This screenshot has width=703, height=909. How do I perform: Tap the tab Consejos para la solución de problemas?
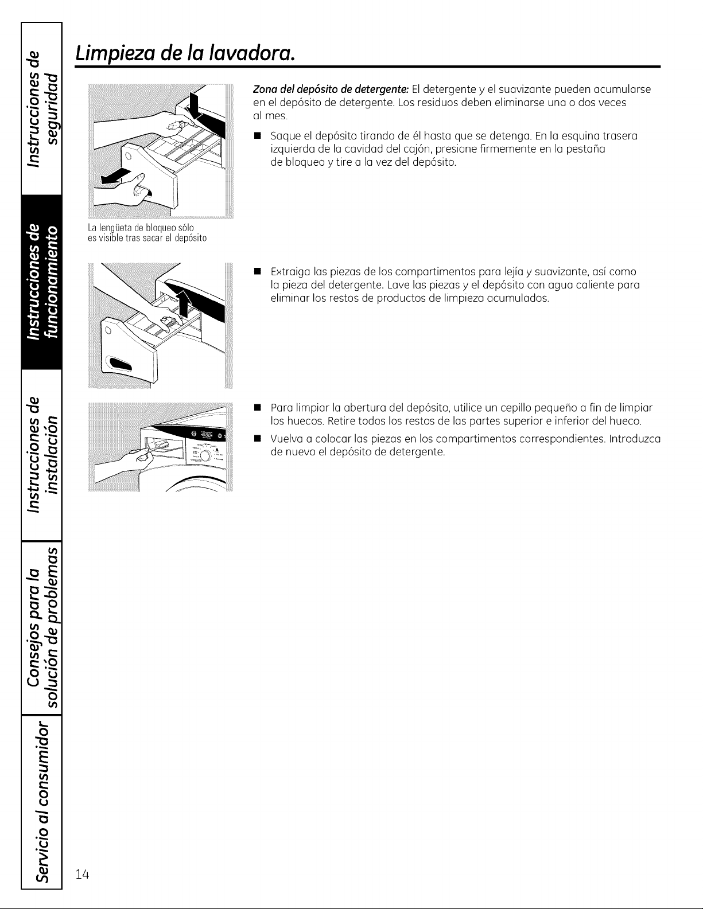point(41,627)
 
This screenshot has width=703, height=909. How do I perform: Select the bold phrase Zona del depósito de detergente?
point(331,89)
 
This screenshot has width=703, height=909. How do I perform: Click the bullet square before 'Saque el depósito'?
point(257,136)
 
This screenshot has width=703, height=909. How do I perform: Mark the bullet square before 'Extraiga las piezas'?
point(257,272)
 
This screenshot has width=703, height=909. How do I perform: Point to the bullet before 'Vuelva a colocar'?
point(257,439)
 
